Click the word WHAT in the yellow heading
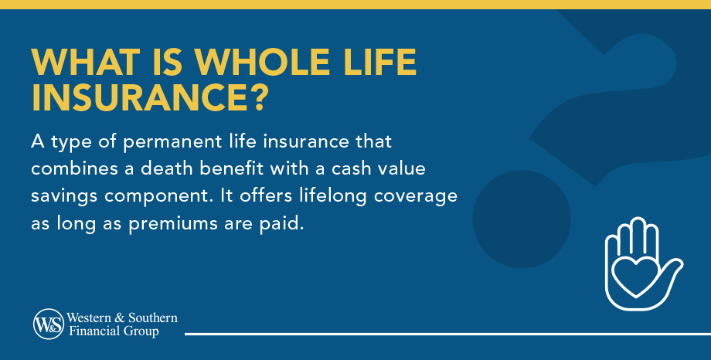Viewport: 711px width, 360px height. (x=86, y=62)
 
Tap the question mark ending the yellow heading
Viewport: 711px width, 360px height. (x=259, y=97)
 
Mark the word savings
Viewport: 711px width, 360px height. (x=64, y=197)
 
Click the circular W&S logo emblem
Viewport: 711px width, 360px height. (x=49, y=324)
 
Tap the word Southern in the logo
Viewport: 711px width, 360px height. (x=152, y=318)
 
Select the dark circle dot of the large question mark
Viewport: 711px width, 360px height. (x=522, y=219)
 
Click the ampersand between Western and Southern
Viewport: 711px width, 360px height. (x=120, y=318)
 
